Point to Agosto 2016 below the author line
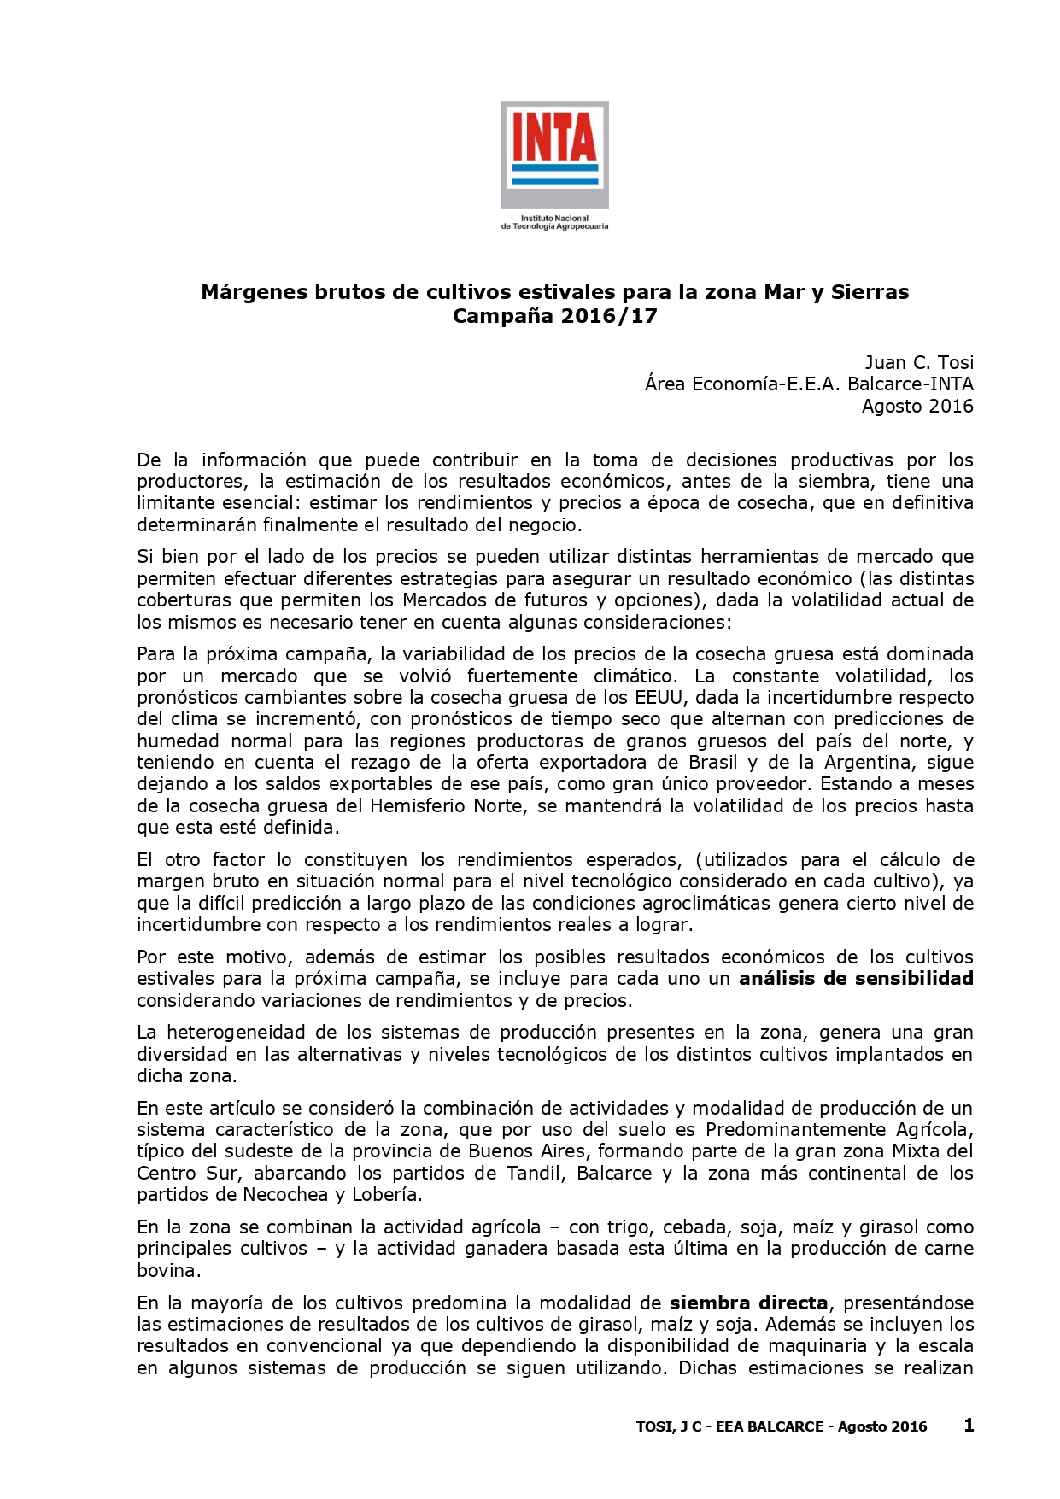917,406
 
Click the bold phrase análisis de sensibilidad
856,979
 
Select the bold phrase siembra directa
748,1303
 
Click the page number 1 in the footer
969,1425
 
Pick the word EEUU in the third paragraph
659,698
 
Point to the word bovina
167,1271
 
